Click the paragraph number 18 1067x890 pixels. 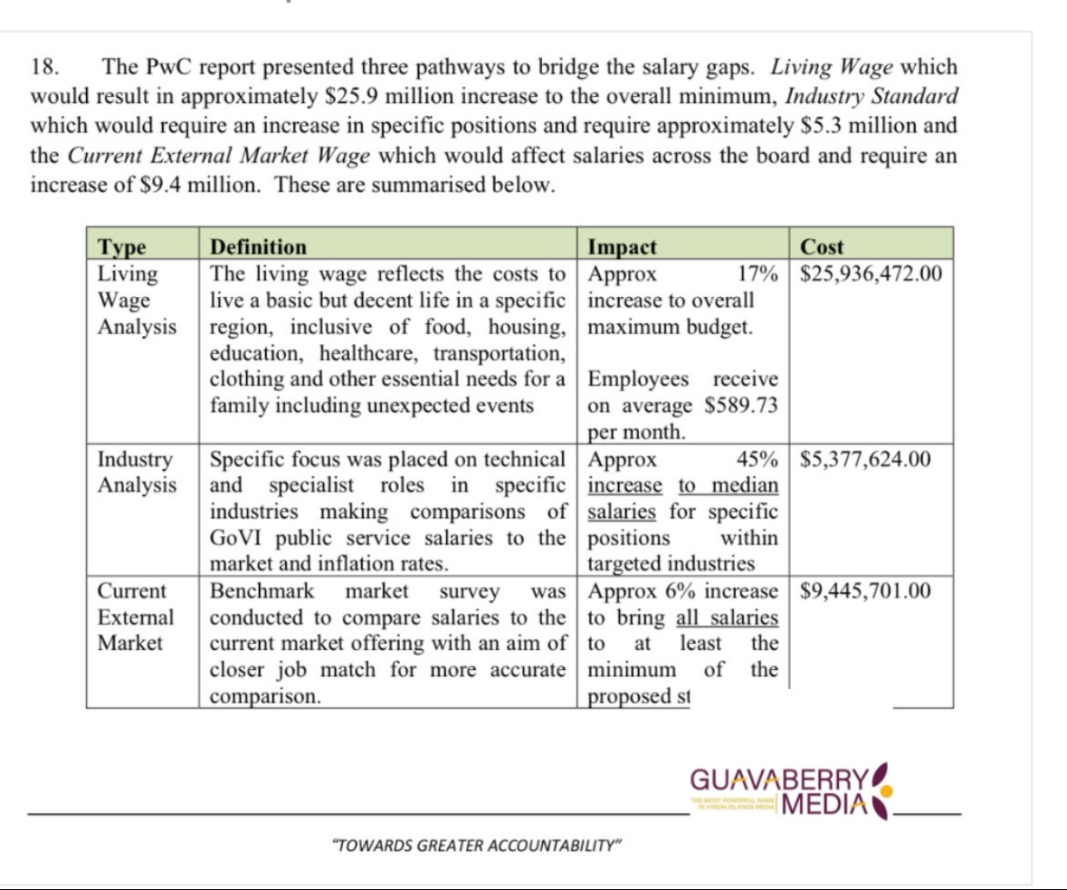tap(45, 67)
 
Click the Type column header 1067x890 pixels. tap(122, 246)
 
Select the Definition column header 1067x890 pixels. tap(258, 246)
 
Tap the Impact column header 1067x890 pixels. tap(623, 246)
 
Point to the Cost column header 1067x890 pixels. tap(822, 246)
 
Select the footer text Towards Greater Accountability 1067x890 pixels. tap(479, 846)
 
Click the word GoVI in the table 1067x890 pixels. tap(235, 539)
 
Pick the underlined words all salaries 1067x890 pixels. tap(728, 618)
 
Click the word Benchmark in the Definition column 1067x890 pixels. tap(262, 592)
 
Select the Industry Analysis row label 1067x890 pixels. tap(138, 472)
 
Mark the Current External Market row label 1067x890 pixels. tap(136, 617)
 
